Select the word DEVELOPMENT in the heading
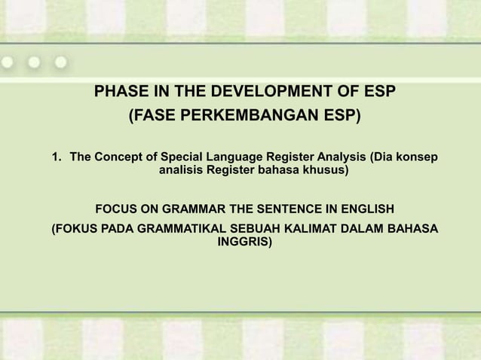pos(261,93)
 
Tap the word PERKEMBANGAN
pos(254,117)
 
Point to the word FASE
pos(153,117)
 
